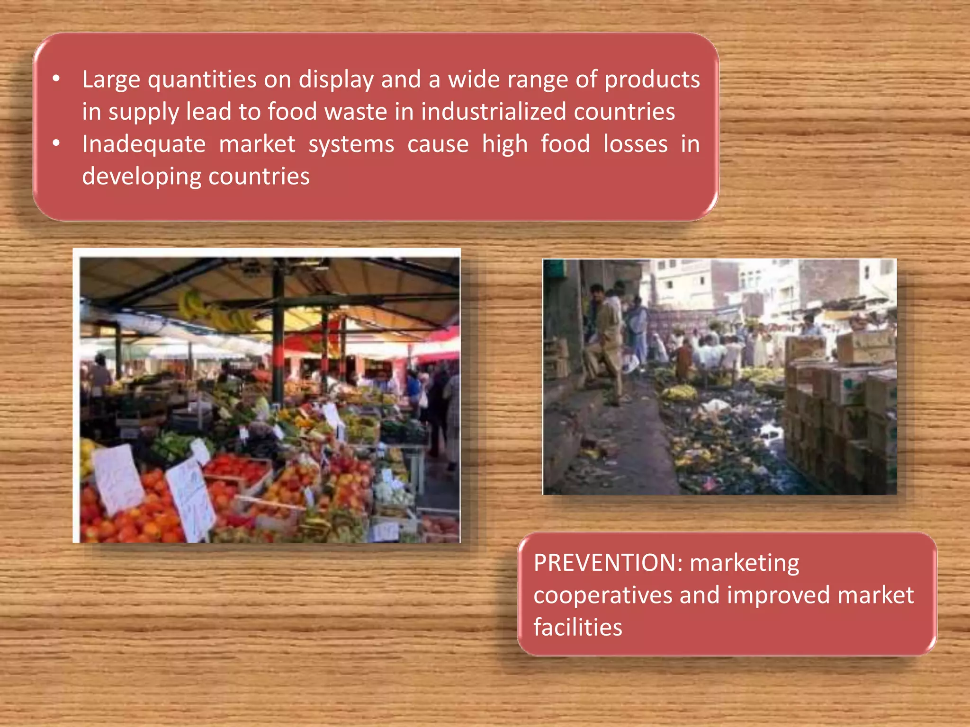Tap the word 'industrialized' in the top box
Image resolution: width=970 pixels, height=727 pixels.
click(493, 112)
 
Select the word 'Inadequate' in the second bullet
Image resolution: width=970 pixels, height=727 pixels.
click(144, 144)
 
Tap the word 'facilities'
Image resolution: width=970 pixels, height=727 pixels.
click(577, 628)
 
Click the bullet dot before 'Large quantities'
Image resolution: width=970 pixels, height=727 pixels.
click(56, 79)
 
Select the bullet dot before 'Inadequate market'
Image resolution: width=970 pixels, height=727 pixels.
click(56, 143)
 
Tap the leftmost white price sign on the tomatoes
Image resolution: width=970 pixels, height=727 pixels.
click(118, 478)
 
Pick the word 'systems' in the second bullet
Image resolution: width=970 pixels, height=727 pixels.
click(351, 144)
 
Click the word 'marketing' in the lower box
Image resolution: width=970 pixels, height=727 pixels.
click(744, 563)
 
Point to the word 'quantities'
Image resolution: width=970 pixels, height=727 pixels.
click(202, 80)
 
